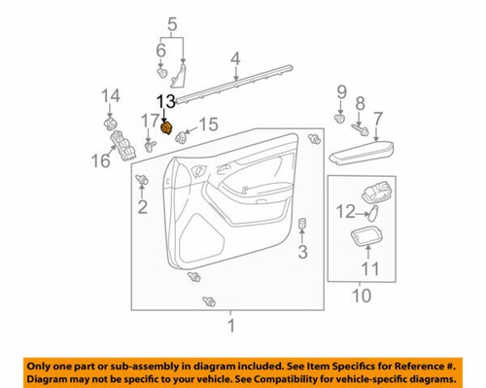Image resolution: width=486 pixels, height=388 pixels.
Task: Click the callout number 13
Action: coord(166,100)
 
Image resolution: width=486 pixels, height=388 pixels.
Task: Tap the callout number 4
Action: coord(234,63)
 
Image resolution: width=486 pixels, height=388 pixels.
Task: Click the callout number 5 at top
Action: coord(172,23)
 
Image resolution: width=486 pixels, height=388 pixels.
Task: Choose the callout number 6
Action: coord(161,50)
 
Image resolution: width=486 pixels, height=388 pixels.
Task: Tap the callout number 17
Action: coord(148,120)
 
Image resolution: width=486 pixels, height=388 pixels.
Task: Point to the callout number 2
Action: coord(142,206)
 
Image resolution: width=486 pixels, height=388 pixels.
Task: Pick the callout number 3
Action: coord(301,254)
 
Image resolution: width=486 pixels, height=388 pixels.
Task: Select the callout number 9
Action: coord(341,92)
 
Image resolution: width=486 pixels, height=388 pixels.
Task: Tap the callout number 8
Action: coord(360,102)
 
